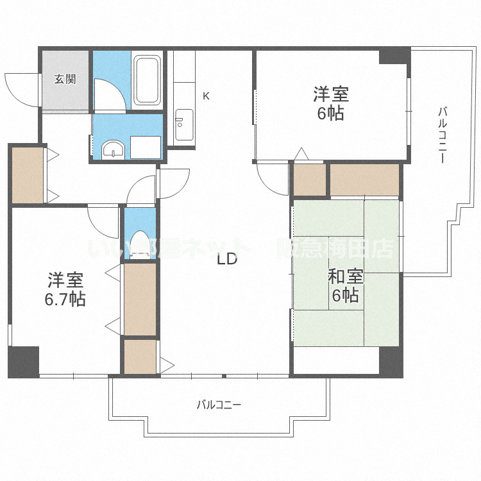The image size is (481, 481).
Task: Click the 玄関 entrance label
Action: [65, 80]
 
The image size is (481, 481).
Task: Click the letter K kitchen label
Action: [206, 96]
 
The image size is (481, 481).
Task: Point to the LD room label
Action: [227, 260]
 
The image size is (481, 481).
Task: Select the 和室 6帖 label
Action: [346, 286]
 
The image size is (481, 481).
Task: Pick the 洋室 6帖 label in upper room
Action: [331, 104]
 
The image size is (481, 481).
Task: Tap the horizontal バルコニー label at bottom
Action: [219, 405]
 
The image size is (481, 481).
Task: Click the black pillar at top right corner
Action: [394, 56]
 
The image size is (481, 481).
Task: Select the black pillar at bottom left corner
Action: [24, 361]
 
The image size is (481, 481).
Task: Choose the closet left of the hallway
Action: [28, 175]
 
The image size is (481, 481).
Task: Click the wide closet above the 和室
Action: [364, 180]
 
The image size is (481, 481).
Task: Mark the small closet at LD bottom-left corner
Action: [140, 357]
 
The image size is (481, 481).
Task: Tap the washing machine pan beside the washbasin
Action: [146, 146]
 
